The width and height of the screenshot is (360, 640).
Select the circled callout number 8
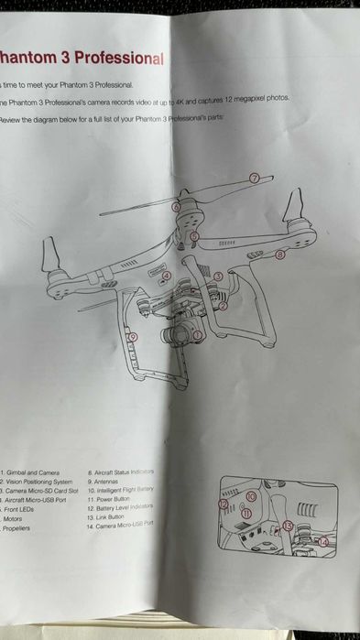[x=280, y=255]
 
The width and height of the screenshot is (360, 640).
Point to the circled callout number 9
[x=134, y=337]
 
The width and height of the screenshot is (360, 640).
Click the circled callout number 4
[x=166, y=276]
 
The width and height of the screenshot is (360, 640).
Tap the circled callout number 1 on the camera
[x=197, y=335]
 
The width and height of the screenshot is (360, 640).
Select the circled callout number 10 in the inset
[x=250, y=495]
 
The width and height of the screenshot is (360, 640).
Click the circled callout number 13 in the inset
[x=288, y=526]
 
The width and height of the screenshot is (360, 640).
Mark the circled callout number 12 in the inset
[x=223, y=504]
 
